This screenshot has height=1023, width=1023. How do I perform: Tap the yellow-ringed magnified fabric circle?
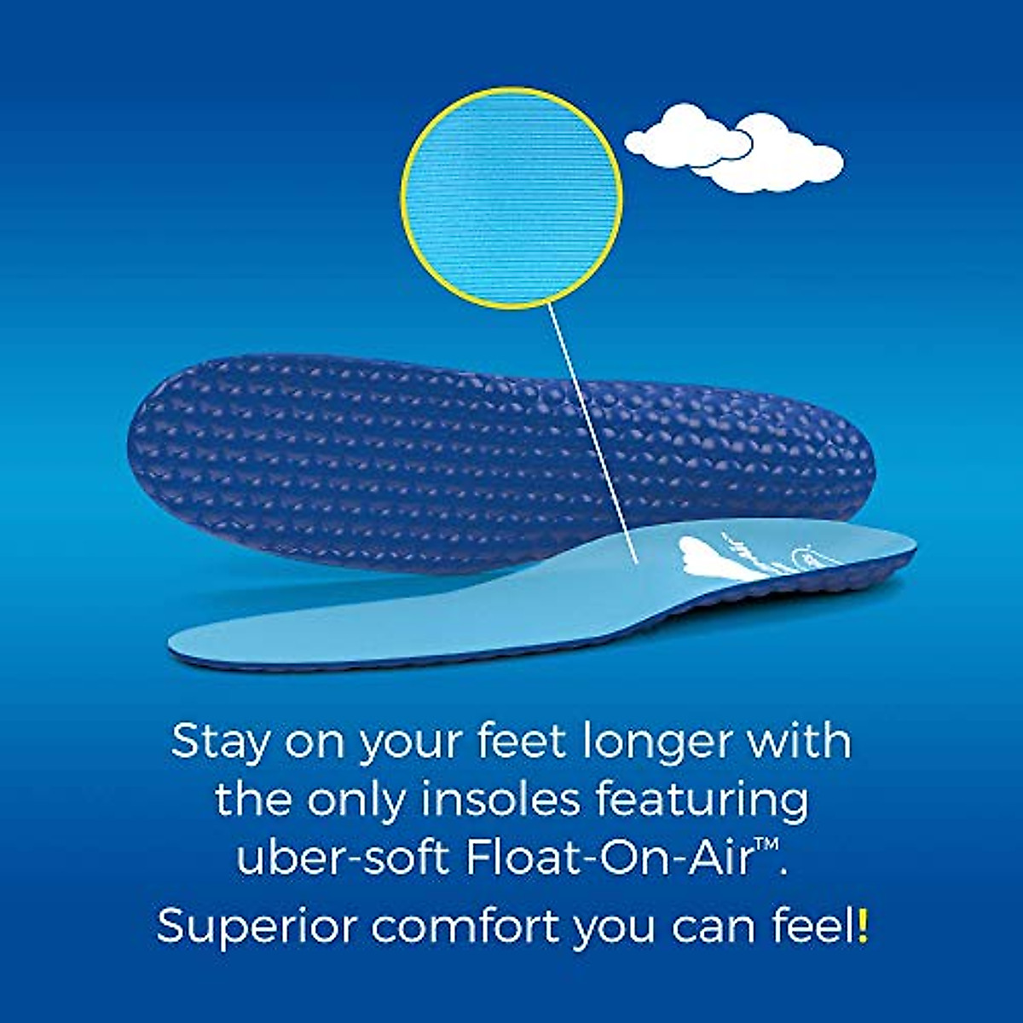point(511,198)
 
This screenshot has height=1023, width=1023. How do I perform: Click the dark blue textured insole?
point(503,460)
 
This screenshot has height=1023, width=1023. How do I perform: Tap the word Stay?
point(220,742)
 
